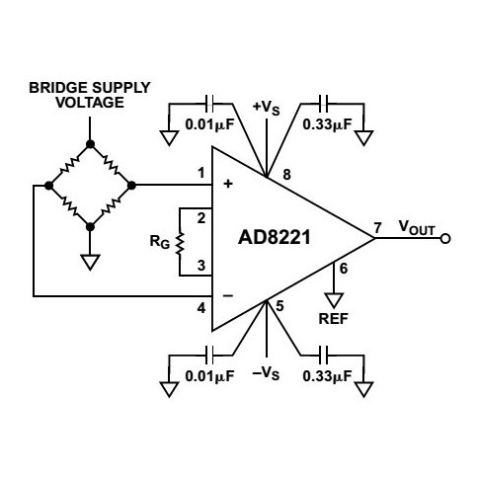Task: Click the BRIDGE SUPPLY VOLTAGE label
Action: [x=90, y=95]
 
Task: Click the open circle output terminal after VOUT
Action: [x=445, y=238]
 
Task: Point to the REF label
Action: [x=336, y=319]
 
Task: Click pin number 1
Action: [x=201, y=173]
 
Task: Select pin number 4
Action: [x=201, y=307]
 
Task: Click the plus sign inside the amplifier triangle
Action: [x=230, y=184]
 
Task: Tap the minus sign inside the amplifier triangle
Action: [x=230, y=294]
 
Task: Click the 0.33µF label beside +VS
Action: [x=326, y=125]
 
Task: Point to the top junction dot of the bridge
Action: [x=90, y=144]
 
